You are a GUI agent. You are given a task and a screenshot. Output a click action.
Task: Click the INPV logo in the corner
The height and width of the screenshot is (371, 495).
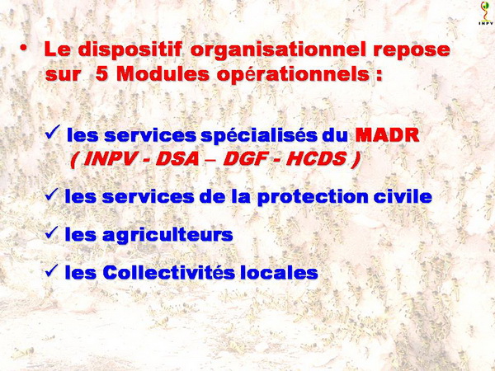(486, 13)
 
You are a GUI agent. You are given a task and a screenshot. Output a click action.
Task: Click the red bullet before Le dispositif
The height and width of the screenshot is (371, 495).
(23, 47)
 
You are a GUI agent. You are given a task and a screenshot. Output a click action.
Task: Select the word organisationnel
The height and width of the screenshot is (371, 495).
(279, 50)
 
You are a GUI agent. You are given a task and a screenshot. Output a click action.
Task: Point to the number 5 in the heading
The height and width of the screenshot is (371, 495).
(101, 74)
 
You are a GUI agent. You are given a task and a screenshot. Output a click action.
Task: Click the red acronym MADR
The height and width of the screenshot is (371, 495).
(388, 135)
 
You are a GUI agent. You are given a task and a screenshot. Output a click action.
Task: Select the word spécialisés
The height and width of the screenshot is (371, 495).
(259, 136)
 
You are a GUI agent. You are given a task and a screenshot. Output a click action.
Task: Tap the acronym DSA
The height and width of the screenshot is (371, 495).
(177, 159)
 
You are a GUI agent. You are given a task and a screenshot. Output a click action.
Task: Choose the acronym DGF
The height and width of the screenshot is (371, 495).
(243, 159)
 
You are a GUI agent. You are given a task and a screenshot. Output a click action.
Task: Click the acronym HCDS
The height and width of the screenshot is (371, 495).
(316, 159)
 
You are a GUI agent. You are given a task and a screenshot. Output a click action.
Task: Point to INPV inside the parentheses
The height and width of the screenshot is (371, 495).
(108, 159)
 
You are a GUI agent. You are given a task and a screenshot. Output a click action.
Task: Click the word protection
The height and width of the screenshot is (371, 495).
(313, 197)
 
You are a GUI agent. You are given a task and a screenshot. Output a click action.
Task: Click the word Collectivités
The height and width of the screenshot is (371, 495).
(168, 272)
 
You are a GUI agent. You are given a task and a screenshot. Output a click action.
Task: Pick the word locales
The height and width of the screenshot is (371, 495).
(279, 272)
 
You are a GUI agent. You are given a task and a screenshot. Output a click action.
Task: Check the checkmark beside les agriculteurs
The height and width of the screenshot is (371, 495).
(52, 232)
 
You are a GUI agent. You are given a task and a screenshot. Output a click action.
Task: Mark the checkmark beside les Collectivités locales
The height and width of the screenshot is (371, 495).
(52, 270)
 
